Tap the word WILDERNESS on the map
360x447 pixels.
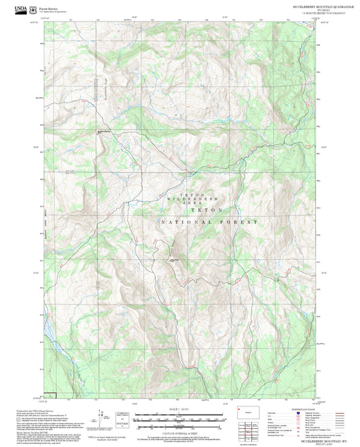[x=201, y=201]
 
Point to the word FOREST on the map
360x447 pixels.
[x=239, y=221]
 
